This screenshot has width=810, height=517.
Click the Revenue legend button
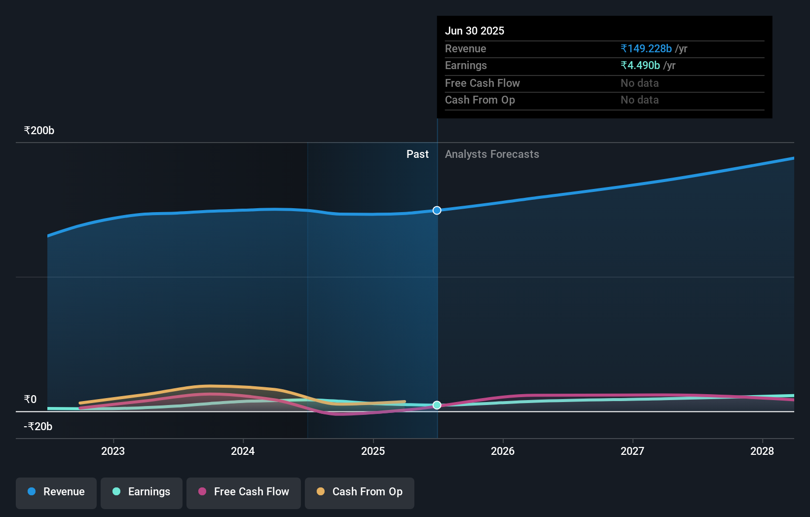tap(56, 492)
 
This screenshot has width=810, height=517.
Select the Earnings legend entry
tap(142, 492)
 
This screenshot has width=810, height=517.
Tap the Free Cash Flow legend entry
tap(244, 492)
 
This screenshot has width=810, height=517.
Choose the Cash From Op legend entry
tap(360, 492)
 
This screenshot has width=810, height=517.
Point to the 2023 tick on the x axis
tap(113, 451)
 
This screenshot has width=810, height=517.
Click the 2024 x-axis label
tap(243, 451)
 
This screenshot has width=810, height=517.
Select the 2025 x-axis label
tap(373, 451)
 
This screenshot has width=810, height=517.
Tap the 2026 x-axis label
tap(503, 451)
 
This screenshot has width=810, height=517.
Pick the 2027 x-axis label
tap(632, 451)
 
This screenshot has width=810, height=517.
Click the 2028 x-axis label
tap(762, 451)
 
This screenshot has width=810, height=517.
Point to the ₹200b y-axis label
tap(39, 131)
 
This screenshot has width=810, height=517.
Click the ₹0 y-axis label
tap(30, 400)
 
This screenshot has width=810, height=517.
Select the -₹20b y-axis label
tap(38, 427)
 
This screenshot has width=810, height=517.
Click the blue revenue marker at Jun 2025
tap(437, 211)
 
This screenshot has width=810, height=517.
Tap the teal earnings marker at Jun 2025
tap(437, 405)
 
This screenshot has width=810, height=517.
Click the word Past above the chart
tap(417, 154)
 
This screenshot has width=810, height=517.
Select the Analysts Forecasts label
tap(492, 154)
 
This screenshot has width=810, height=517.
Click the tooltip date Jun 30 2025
tap(475, 31)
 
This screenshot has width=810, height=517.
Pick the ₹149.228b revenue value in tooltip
tap(646, 49)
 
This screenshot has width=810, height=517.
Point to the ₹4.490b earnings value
tap(640, 66)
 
